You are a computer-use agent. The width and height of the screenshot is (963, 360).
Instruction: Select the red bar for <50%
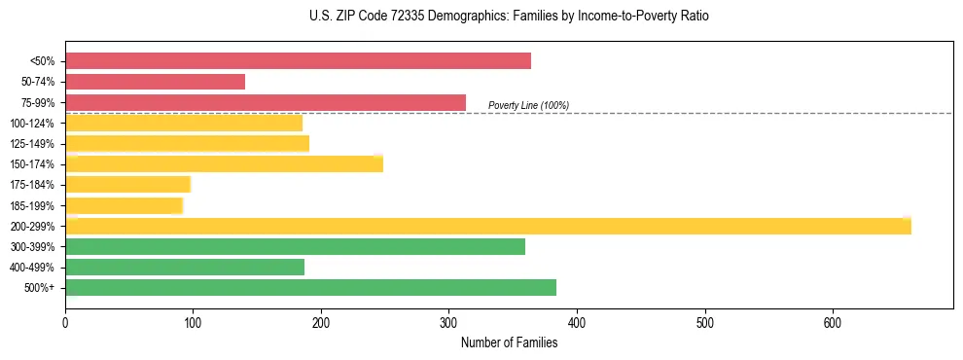[x=298, y=61]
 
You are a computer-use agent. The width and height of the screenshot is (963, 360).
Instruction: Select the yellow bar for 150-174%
[x=224, y=163]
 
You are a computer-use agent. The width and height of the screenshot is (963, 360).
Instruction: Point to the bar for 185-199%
[x=124, y=205]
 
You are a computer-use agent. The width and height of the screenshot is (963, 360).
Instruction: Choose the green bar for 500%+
[x=310, y=287]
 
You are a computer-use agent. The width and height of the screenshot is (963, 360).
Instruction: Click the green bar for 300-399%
[x=295, y=246]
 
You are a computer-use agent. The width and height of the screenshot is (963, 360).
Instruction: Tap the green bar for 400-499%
[x=185, y=267]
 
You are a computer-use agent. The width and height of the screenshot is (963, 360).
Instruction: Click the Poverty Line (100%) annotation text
[x=528, y=105]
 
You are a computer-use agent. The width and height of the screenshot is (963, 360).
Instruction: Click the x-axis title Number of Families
[x=509, y=342]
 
